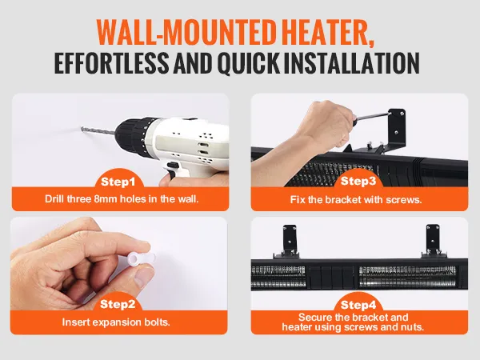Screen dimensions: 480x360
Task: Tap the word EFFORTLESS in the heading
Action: [x=111, y=62]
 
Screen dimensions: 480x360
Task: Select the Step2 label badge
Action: [x=118, y=304]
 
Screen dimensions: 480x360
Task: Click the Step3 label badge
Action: [x=358, y=181]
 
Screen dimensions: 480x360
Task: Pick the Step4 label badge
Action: [x=358, y=305]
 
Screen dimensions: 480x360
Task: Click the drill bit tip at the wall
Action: [x=82, y=129]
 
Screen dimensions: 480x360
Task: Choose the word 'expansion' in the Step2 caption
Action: [x=115, y=322]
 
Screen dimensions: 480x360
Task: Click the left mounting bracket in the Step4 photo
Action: [x=289, y=242]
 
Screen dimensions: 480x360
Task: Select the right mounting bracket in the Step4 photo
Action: [x=432, y=242]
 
